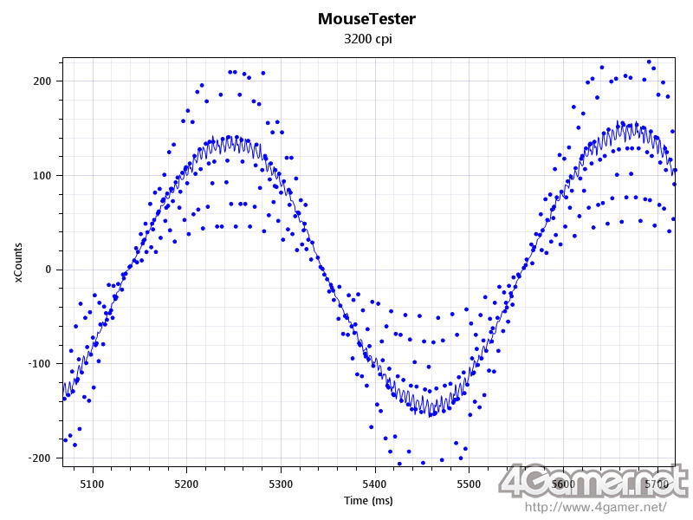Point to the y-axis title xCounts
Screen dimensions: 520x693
18,263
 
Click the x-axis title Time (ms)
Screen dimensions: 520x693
368,501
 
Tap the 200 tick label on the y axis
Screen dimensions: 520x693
42,81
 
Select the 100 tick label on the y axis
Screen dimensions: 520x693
42,176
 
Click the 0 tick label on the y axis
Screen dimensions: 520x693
49,270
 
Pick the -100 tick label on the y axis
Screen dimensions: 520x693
40,364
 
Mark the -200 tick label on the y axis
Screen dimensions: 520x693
40,458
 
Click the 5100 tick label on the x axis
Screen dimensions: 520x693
92,484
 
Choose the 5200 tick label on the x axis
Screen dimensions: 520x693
186,484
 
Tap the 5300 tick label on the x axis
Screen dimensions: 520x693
281,484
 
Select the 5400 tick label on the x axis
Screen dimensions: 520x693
374,484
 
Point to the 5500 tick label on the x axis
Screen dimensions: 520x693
469,484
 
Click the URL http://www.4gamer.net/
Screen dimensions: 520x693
596,506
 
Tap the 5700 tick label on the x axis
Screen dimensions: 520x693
657,484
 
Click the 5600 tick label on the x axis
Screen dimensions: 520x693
563,484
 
